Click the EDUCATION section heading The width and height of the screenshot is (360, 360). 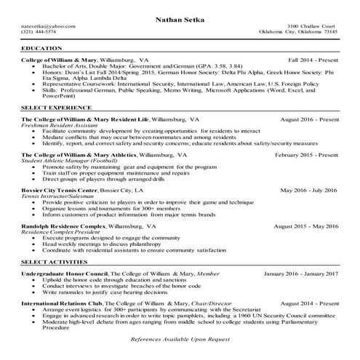(43, 48)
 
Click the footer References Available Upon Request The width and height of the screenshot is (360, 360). (180, 340)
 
